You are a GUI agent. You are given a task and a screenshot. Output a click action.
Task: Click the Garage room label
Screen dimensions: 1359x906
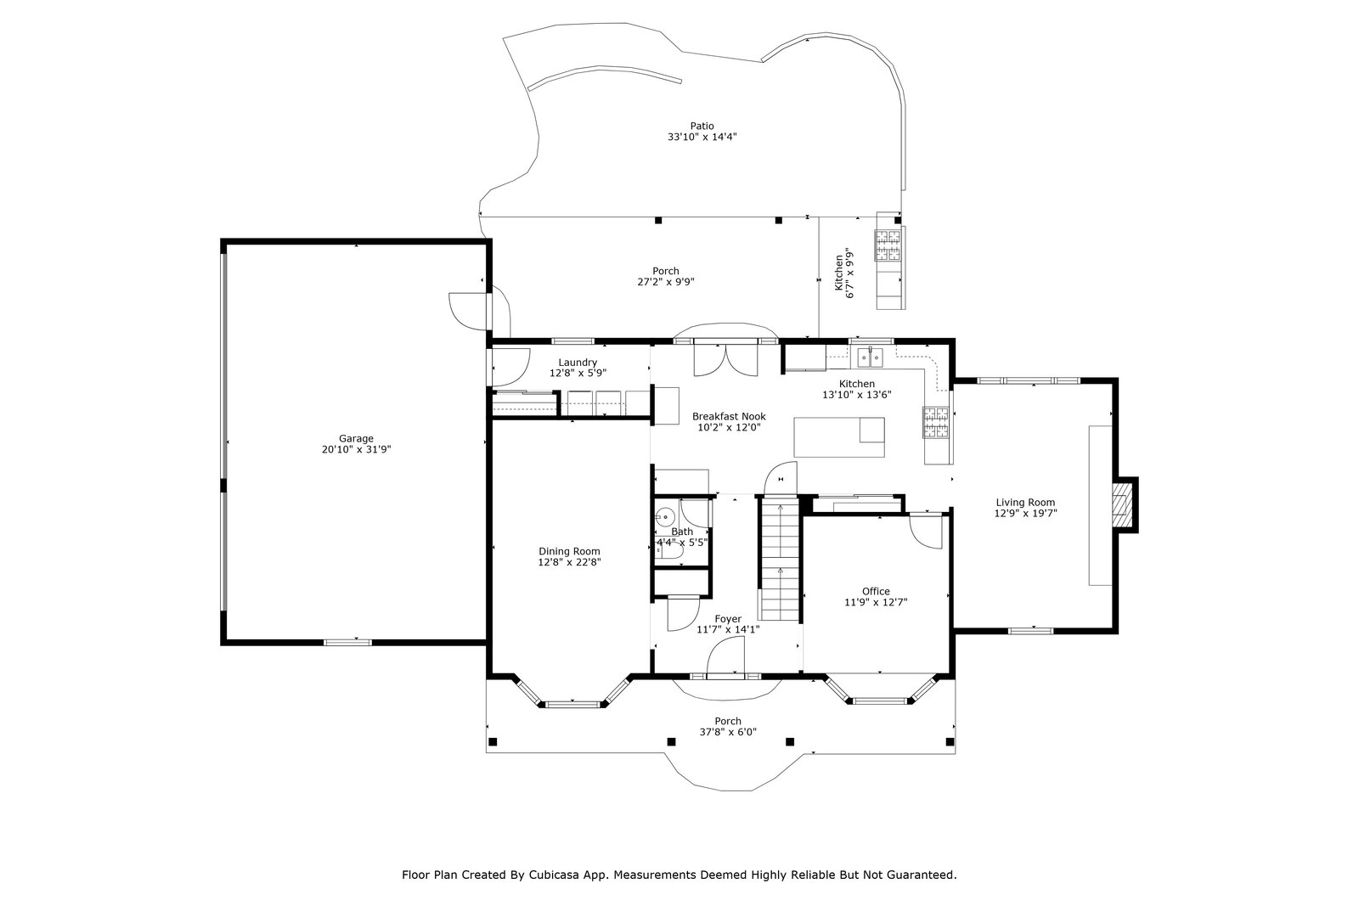coord(356,438)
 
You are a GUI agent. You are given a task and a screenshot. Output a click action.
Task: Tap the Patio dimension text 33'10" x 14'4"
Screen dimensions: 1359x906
coord(702,137)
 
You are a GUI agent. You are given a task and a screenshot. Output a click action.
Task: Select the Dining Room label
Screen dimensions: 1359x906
coord(569,551)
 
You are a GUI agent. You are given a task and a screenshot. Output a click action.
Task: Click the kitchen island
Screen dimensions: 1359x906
coord(839,437)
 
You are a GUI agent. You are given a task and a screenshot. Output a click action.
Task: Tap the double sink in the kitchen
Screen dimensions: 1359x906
coord(871,358)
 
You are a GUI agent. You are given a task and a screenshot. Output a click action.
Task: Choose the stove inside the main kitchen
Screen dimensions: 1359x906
coord(935,422)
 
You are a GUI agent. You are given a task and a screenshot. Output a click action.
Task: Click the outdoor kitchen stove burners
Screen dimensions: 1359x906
coord(888,245)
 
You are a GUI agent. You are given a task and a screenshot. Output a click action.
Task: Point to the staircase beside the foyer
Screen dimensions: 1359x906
coord(781,558)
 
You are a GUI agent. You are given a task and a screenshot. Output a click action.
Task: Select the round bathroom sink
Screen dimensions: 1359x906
coord(665,517)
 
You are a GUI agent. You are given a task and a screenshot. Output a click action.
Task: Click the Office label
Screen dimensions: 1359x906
coord(876,591)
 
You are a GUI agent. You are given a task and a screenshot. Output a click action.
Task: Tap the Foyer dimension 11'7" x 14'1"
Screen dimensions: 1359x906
coord(728,629)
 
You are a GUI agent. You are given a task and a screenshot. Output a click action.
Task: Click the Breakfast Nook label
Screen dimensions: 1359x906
coord(729,417)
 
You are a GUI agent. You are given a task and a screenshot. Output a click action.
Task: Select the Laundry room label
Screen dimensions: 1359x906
coord(578,363)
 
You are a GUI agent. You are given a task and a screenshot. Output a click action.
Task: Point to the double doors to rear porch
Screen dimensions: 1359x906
coord(725,360)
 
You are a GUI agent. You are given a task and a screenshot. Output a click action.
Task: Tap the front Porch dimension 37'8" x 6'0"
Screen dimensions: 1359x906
coord(728,732)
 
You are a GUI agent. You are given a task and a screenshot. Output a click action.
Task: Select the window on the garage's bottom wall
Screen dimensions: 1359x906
coord(347,642)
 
